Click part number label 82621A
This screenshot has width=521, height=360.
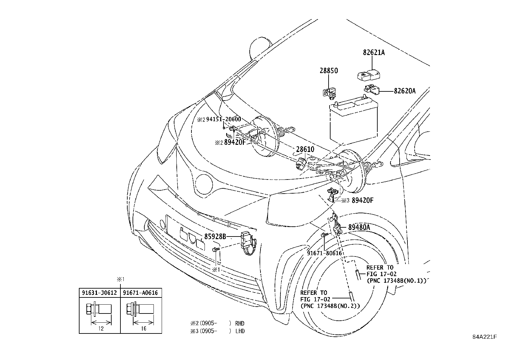click(373, 52)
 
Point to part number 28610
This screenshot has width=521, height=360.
click(305, 149)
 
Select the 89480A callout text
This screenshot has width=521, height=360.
click(359, 227)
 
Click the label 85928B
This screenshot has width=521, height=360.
click(215, 236)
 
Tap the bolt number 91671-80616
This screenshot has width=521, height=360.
click(324, 253)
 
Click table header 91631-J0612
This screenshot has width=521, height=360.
click(99, 293)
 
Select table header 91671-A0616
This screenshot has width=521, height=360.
click(141, 293)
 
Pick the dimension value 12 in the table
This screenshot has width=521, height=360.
click(100, 329)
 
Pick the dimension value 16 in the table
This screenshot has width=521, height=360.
click(143, 329)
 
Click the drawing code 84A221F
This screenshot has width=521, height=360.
click(484, 337)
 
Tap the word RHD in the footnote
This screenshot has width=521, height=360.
click(240, 323)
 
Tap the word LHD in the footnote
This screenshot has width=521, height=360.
click(240, 331)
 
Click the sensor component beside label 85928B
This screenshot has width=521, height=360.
click(248, 241)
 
